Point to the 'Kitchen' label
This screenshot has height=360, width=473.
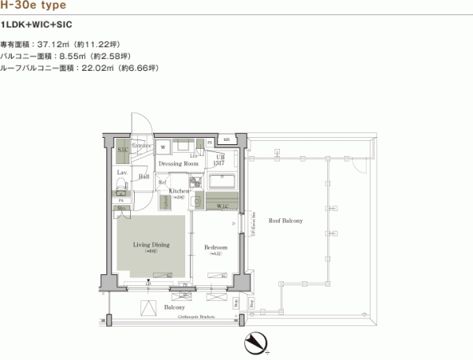(178, 191)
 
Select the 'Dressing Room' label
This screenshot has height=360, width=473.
(178, 164)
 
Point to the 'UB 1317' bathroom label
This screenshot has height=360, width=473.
(221, 160)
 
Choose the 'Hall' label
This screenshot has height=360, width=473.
(144, 177)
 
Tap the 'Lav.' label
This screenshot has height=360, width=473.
(122, 172)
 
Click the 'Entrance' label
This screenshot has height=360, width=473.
(142, 146)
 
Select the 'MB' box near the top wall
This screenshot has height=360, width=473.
(225, 140)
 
